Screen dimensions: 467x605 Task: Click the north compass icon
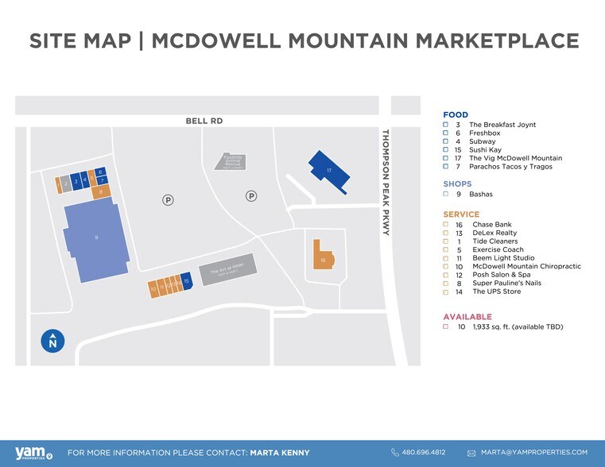pos(52,342)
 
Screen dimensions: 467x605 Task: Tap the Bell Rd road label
pos(200,121)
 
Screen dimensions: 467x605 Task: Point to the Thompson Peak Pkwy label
pos(386,182)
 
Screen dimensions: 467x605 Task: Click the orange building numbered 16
pos(323,259)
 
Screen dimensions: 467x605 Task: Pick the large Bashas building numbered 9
pos(96,239)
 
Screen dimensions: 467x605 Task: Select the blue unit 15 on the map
pos(186,282)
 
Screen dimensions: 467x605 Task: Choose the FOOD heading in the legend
pos(456,115)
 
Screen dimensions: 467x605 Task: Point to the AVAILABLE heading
pos(467,317)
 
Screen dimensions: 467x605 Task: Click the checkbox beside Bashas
pos(446,194)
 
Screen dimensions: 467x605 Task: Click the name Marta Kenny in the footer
pos(279,453)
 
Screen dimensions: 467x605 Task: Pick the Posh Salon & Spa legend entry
pos(502,275)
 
